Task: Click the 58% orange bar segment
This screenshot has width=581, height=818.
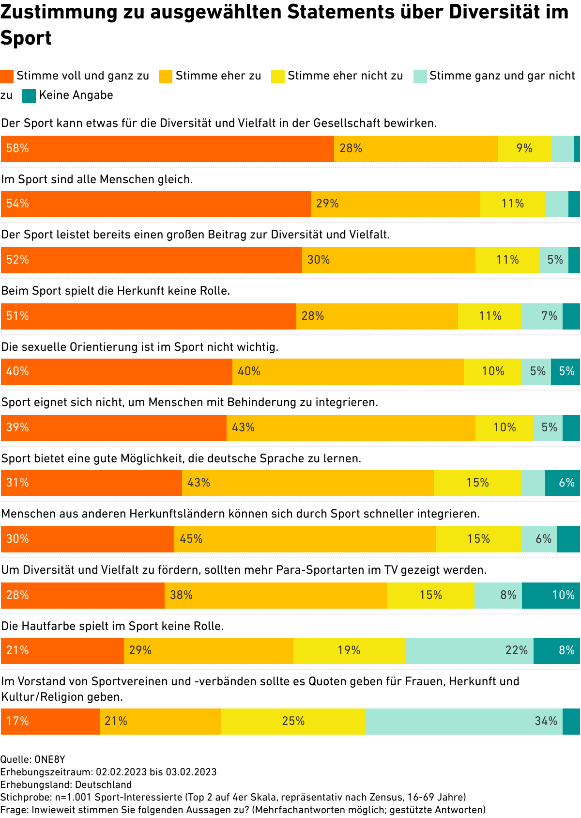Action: (x=167, y=149)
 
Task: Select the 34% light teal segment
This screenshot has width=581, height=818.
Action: (x=464, y=722)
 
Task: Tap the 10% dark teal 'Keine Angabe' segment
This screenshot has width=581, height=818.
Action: (x=551, y=596)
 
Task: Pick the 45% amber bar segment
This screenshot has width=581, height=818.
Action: (x=305, y=539)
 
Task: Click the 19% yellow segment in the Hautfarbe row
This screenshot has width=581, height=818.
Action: (x=349, y=651)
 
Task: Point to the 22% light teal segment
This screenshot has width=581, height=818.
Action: (x=469, y=651)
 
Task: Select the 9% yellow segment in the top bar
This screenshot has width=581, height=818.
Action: (x=524, y=149)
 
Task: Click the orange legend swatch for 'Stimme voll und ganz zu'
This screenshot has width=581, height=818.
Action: (x=7, y=77)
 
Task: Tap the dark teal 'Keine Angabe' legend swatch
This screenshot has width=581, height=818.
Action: (x=29, y=96)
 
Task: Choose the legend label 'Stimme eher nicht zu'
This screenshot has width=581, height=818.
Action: (x=345, y=76)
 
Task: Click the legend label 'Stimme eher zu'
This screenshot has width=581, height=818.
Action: (x=218, y=76)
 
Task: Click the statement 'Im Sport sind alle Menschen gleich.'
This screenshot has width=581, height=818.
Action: (x=97, y=180)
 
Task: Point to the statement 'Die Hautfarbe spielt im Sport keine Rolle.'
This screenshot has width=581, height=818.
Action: (x=112, y=627)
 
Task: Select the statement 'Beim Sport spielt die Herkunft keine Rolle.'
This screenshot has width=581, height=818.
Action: (x=115, y=291)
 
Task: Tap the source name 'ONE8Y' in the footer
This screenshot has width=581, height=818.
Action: (x=50, y=759)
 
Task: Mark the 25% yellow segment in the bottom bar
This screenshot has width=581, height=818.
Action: (x=293, y=722)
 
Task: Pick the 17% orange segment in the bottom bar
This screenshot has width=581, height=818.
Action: (x=50, y=722)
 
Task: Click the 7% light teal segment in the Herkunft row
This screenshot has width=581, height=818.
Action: (x=542, y=316)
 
